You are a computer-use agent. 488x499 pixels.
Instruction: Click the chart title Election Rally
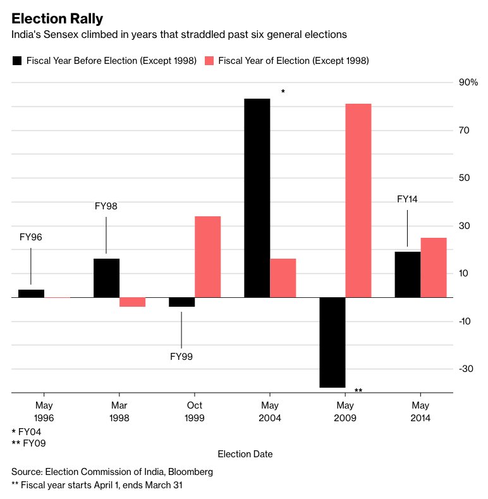58,18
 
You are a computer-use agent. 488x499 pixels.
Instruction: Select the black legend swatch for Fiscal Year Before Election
17,61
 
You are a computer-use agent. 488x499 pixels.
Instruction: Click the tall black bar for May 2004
257,197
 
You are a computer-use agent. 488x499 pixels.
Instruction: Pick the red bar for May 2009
358,200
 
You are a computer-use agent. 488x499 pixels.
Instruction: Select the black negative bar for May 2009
332,342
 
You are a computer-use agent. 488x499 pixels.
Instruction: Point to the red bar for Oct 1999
207,256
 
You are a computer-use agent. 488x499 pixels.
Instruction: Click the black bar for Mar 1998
106,278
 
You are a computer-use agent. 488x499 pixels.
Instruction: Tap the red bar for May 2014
433,267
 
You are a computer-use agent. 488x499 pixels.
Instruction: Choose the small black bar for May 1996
31,293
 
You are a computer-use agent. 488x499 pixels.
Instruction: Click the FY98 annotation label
106,206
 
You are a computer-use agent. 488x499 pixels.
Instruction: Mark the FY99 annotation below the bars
181,357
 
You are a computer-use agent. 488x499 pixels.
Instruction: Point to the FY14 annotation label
407,199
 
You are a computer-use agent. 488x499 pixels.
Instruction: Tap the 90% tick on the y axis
468,83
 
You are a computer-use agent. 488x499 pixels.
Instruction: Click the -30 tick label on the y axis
467,369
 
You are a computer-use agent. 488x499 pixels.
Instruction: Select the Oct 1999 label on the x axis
195,412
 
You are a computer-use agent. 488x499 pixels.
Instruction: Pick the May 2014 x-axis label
420,412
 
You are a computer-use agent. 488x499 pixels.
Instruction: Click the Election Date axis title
245,454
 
